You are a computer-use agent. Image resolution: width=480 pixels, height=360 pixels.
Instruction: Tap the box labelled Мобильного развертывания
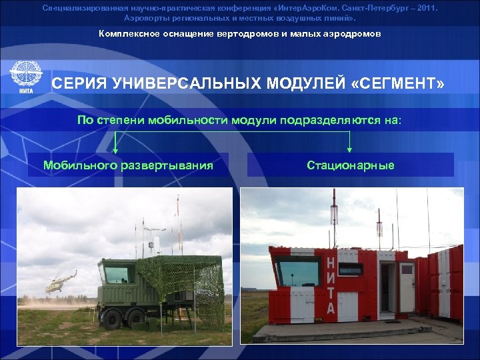click(x=128, y=165)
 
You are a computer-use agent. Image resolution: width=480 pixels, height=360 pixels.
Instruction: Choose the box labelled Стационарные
click(x=350, y=165)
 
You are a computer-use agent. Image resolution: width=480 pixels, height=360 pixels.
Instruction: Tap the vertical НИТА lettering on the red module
click(x=331, y=284)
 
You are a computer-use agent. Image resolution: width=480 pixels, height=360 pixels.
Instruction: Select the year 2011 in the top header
click(x=424, y=8)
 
